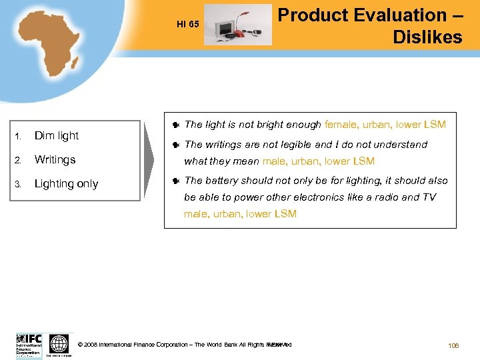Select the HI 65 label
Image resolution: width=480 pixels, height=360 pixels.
(187, 25)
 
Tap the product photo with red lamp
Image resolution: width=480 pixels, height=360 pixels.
(237, 25)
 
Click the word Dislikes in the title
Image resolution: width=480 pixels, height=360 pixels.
(427, 37)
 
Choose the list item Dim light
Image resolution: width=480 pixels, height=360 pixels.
(57, 135)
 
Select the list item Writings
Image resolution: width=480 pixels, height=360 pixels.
(55, 159)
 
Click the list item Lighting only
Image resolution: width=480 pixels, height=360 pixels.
(66, 183)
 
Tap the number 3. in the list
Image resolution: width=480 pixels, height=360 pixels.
(20, 184)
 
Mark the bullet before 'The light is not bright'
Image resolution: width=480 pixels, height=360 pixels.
(175, 125)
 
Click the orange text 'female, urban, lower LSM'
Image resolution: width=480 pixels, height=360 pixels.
(385, 124)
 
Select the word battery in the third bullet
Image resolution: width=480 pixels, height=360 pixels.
(221, 180)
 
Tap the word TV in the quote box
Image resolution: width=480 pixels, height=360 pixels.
(429, 197)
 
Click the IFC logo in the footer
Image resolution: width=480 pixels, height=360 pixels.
(29, 344)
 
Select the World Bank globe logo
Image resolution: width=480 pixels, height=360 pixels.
(59, 345)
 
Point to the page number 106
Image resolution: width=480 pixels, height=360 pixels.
(453, 345)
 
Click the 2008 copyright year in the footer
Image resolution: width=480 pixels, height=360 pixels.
(91, 345)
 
